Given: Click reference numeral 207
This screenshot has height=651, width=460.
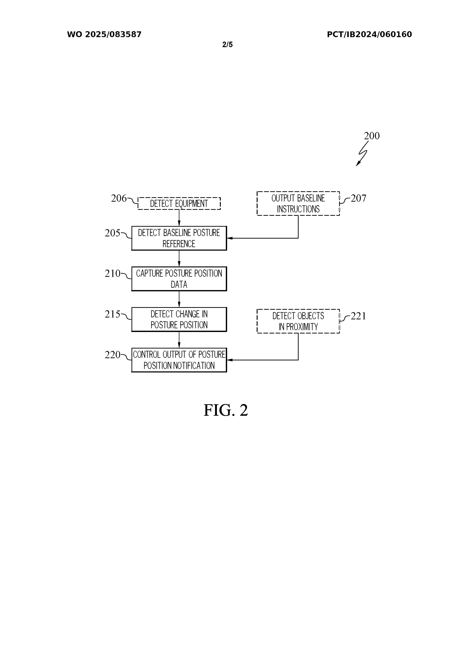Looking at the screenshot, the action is pyautogui.click(x=358, y=198).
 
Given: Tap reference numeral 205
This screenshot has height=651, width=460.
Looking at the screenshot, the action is pyautogui.click(x=113, y=233).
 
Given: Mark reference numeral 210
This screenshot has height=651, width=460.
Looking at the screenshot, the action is pyautogui.click(x=113, y=274).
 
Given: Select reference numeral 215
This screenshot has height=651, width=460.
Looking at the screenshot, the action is pyautogui.click(x=113, y=314).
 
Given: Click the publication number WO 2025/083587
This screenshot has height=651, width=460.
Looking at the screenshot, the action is pyautogui.click(x=104, y=34).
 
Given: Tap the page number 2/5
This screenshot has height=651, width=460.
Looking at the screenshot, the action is pyautogui.click(x=227, y=45).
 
